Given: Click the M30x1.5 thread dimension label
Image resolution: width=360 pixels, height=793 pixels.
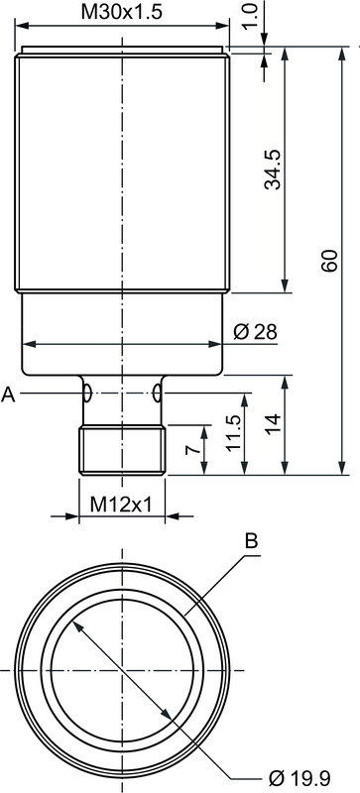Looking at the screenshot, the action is (122, 12).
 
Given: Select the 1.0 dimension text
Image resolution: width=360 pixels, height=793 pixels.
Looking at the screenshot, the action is (252, 16).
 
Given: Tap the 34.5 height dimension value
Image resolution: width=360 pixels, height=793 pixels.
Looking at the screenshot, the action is (273, 170).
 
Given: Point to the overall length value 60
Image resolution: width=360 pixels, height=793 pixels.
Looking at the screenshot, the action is (329, 261).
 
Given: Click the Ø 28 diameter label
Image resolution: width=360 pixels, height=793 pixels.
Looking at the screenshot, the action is (256, 332).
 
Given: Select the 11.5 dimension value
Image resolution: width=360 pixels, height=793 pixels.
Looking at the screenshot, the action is (233, 434).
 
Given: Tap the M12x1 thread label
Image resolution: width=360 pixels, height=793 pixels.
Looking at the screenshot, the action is (121, 504).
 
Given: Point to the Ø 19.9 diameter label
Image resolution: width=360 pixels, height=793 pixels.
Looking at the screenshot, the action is (300, 776).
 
